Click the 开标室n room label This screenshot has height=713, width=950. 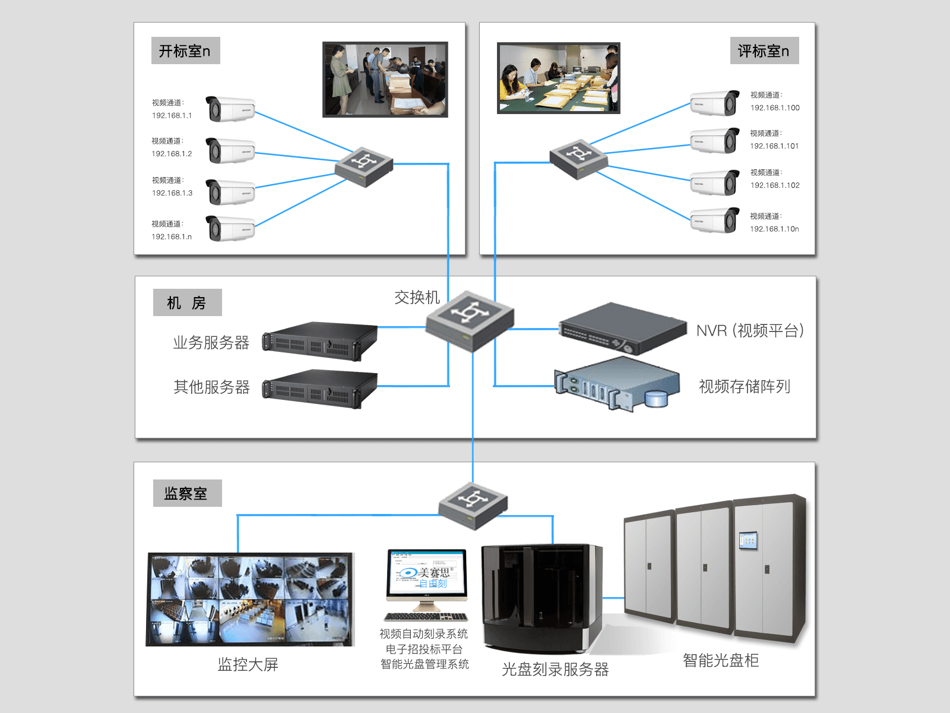[185, 51]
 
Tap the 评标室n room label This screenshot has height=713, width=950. [764, 51]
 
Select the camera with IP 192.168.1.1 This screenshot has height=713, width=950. [230, 109]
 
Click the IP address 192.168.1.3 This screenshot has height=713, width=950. [172, 193]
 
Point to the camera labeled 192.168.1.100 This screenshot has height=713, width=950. [715, 103]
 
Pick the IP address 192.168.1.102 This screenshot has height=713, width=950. [775, 185]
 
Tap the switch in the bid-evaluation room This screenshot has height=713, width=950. [578, 159]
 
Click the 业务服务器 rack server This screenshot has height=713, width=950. [320, 341]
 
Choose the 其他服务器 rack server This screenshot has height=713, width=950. [320, 388]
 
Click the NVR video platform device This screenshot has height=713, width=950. [622, 329]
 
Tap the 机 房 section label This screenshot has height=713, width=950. [187, 303]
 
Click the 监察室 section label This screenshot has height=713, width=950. [187, 493]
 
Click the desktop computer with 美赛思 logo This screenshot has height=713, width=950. [426, 583]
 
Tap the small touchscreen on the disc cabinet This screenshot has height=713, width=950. [748, 540]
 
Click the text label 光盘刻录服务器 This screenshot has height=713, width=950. [555, 670]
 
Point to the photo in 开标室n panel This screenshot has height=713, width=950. [385, 79]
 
